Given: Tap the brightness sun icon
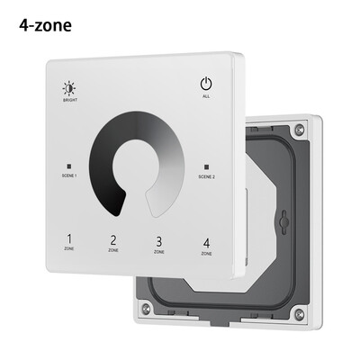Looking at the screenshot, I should click(x=69, y=87).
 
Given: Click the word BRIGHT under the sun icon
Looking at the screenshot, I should click(x=69, y=102).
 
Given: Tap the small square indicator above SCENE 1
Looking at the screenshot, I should click(x=69, y=166).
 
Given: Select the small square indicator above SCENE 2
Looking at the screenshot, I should click(x=205, y=167).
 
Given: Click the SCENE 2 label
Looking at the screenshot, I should click(x=205, y=176).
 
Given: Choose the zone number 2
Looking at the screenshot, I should click(x=113, y=240).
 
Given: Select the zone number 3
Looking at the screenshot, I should click(x=159, y=241).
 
